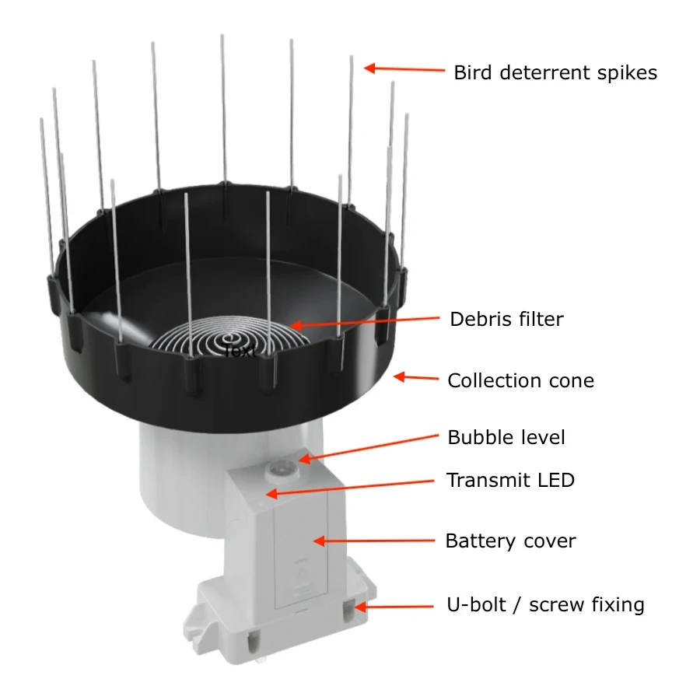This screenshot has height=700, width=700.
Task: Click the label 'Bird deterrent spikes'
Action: point(555,73)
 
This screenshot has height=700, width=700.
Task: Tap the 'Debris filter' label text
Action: point(506,319)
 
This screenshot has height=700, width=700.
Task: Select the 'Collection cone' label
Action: point(520,381)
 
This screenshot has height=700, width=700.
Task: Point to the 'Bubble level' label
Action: point(506,437)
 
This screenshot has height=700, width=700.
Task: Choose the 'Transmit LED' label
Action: point(510,480)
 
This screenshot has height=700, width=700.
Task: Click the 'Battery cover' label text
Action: point(510,541)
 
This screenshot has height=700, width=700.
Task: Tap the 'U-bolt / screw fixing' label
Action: point(545,604)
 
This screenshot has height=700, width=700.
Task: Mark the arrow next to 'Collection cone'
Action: point(416,378)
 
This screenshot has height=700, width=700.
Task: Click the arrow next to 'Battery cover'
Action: point(373,541)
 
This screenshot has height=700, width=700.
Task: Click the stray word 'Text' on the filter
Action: point(239,352)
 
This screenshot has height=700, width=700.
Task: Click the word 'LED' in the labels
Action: point(555,480)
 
